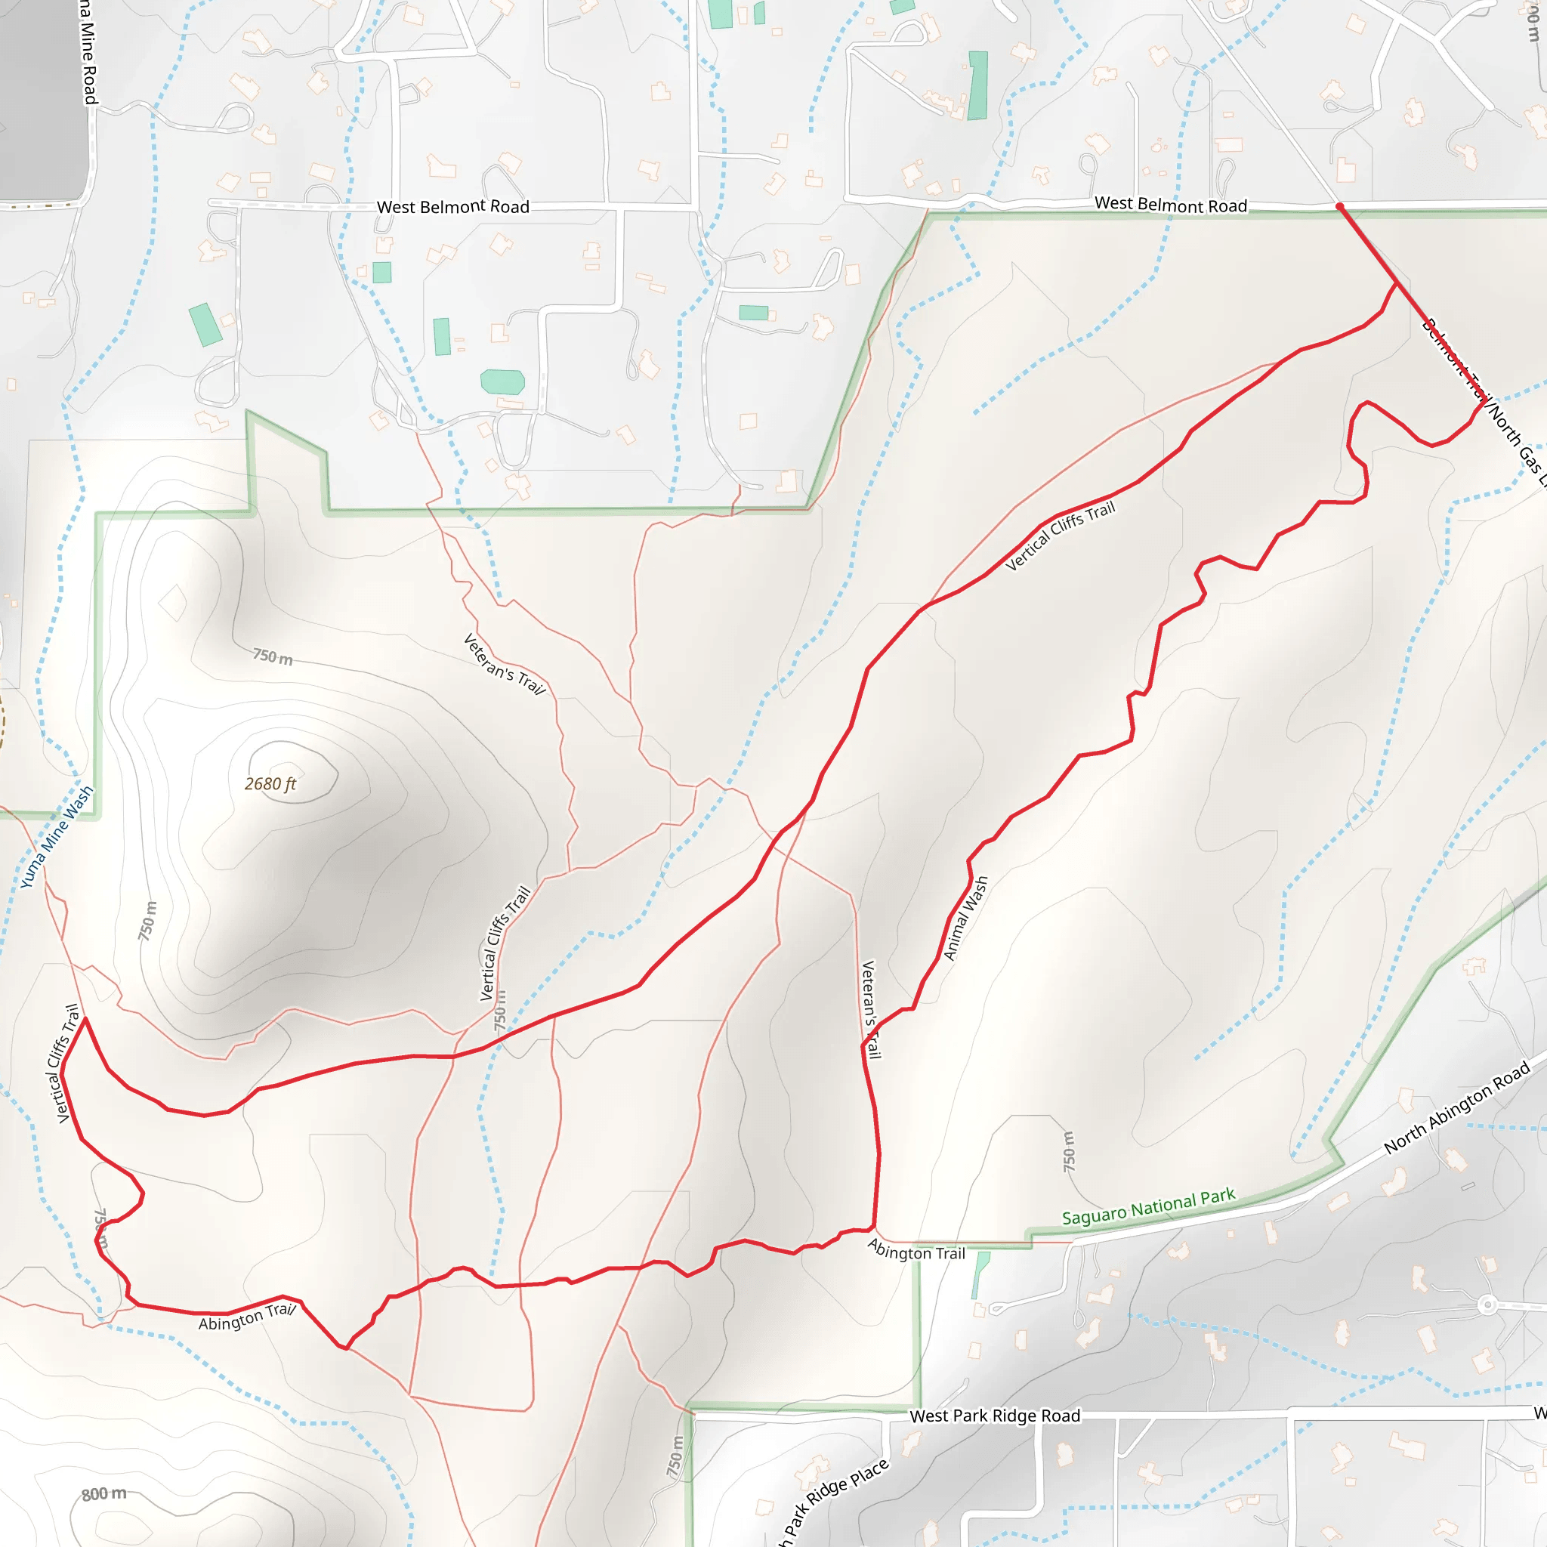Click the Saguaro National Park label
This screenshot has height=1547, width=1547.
[x=1148, y=1206]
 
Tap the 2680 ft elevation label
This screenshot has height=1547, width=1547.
[x=270, y=784]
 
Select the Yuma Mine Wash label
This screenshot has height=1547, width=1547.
[x=56, y=837]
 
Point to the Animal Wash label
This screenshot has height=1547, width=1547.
[x=965, y=918]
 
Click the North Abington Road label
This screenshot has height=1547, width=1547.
[x=1457, y=1107]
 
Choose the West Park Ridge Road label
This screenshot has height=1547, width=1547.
[x=995, y=1416]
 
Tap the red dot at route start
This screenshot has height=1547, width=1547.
[x=1339, y=206]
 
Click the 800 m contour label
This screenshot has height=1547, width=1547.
[x=104, y=1494]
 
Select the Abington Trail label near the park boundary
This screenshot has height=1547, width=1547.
[x=916, y=1250]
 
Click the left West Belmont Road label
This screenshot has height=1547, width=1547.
[x=453, y=206]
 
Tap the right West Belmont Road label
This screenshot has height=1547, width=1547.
[x=1171, y=204]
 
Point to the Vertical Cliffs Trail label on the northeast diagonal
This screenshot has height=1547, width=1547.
[x=1060, y=536]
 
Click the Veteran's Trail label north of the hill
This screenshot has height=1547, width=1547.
[x=505, y=665]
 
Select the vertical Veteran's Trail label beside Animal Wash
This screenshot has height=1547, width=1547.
[x=869, y=1009]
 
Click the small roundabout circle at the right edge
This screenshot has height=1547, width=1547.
[x=1487, y=1305]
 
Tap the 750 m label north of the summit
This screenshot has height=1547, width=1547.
[x=272, y=656]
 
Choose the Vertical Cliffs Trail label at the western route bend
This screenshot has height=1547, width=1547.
[x=69, y=1064]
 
